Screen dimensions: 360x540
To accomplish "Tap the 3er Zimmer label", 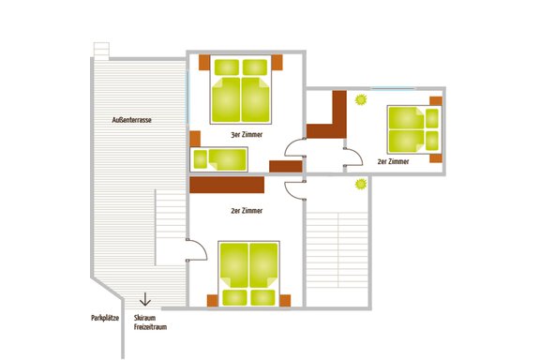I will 245,136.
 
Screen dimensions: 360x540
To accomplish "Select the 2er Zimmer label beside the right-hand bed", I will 393,162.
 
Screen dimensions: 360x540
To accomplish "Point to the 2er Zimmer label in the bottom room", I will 246,211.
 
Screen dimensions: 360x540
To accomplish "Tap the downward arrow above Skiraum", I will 144,301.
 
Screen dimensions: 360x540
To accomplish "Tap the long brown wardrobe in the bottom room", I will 235,185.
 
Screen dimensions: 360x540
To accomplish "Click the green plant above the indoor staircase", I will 358,185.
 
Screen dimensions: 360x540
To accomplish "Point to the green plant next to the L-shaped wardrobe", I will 360,97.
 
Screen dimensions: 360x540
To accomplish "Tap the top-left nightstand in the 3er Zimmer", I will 204,62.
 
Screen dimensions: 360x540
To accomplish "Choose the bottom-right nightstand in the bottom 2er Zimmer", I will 287,300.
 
